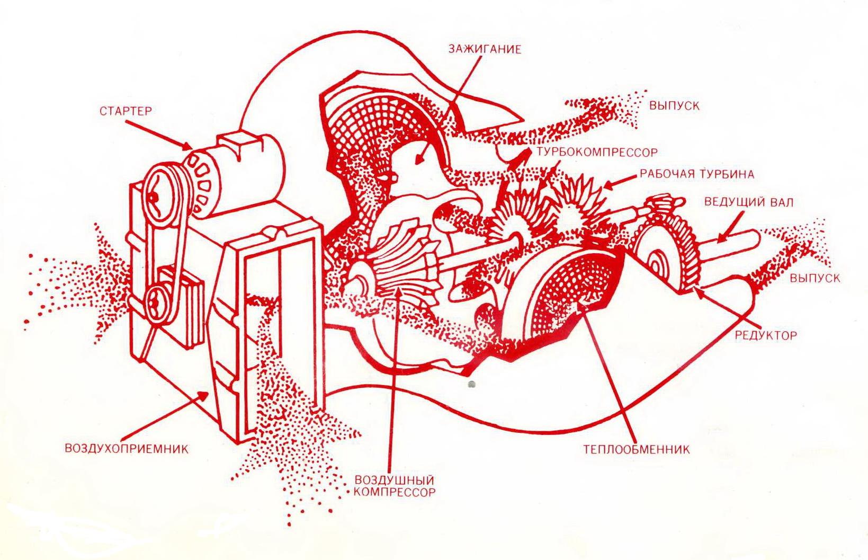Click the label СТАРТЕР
tap(126, 111)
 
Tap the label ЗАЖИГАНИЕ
tap(485, 49)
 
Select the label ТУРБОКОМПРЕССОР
tap(596, 152)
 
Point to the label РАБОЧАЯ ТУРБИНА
tap(696, 174)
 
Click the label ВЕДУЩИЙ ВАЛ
tap(749, 202)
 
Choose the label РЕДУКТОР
tap(765, 335)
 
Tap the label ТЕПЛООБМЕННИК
tap(637, 450)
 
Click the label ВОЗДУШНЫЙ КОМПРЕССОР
tap(395, 485)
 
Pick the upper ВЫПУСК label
tap(674, 105)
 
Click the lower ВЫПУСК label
tap(815, 278)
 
